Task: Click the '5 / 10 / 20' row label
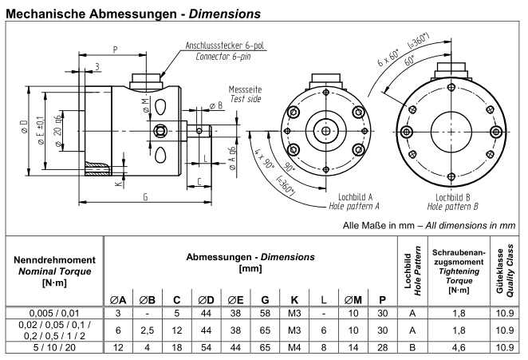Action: coord(53,347)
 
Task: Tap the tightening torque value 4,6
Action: coord(454,347)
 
